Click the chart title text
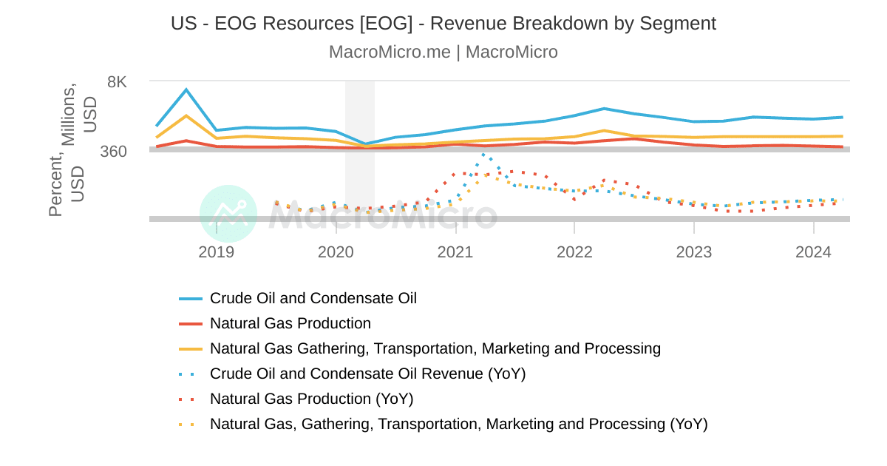tap(443, 24)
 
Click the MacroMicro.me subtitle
tap(443, 52)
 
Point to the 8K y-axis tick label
tap(117, 82)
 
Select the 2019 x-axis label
tap(216, 252)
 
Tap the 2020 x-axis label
tap(336, 252)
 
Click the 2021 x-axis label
tap(455, 252)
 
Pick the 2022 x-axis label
tap(574, 252)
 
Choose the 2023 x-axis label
tap(694, 252)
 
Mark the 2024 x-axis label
tap(813, 252)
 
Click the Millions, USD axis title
tap(79, 115)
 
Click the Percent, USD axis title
tap(67, 185)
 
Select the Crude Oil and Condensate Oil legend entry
tap(313, 298)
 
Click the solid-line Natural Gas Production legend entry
tap(290, 323)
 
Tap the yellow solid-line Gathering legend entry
tap(435, 348)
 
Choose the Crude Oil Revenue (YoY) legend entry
tap(367, 374)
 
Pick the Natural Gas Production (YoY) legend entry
tap(311, 399)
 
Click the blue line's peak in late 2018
tap(186, 90)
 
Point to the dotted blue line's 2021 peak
tap(483, 155)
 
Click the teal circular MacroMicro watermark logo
tap(228, 213)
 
